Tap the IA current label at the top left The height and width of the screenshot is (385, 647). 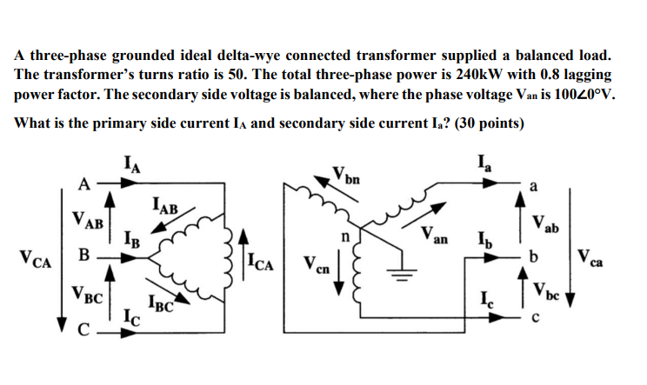click(133, 162)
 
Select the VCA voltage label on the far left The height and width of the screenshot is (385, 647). click(34, 259)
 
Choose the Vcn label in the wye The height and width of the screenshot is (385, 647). click(317, 263)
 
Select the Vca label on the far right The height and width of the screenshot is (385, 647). click(596, 259)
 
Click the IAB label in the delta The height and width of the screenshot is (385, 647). click(164, 207)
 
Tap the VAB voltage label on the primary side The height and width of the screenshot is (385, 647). click(90, 222)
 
